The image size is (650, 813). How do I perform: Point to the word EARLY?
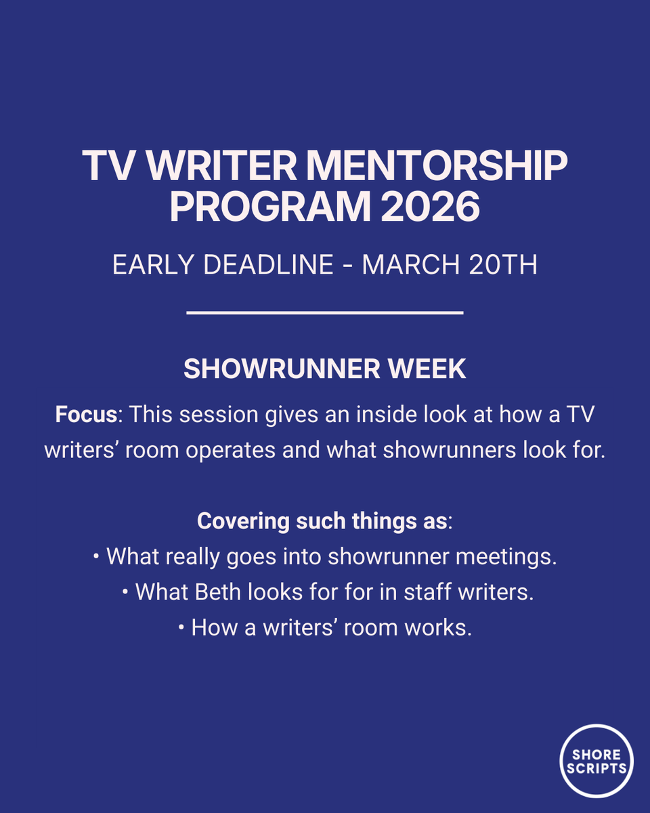154,265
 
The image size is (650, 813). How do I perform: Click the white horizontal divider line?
324,313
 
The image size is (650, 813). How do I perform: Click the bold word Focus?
86,415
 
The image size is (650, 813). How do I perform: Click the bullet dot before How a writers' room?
181,628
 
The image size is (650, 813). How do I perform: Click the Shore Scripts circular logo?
597,760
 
